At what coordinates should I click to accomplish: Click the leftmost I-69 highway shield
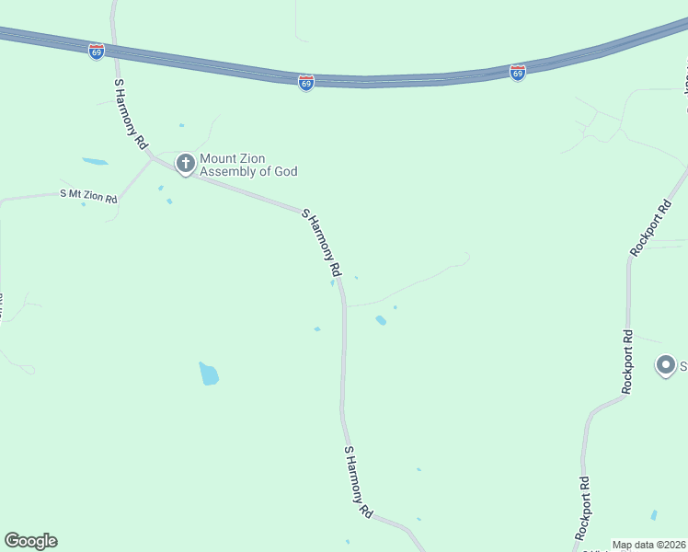click(97, 52)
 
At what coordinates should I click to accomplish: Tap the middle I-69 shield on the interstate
click(306, 83)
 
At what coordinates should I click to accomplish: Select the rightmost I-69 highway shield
click(518, 73)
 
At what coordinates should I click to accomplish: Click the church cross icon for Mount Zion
click(185, 164)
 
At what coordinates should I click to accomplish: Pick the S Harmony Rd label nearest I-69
click(131, 114)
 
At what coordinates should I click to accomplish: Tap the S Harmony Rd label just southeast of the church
click(322, 244)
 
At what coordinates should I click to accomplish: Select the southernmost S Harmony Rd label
click(358, 481)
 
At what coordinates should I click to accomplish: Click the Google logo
click(30, 541)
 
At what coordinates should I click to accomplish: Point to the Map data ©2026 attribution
click(649, 545)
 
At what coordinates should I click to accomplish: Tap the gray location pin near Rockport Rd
click(665, 364)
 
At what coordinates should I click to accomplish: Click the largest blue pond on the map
click(209, 373)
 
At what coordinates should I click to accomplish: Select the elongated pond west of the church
click(95, 161)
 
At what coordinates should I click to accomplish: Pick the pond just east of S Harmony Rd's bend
click(381, 320)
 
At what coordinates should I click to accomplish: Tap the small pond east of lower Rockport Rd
click(654, 515)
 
